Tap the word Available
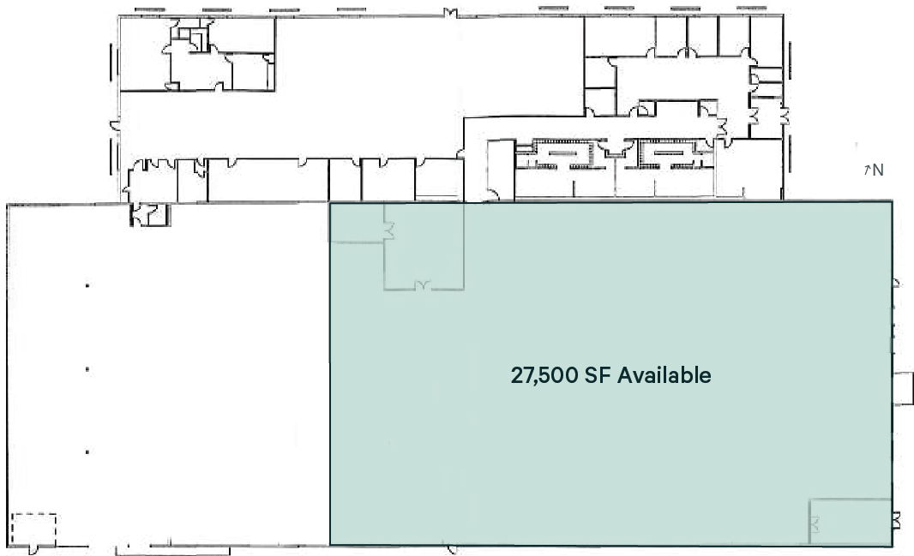tap(664, 375)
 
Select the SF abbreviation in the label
tap(599, 375)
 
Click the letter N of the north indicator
tap(877, 170)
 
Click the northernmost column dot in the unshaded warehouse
tap(87, 285)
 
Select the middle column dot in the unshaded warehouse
tap(87, 369)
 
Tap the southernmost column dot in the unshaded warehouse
tap(87, 451)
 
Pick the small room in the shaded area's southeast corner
tap(851, 520)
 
